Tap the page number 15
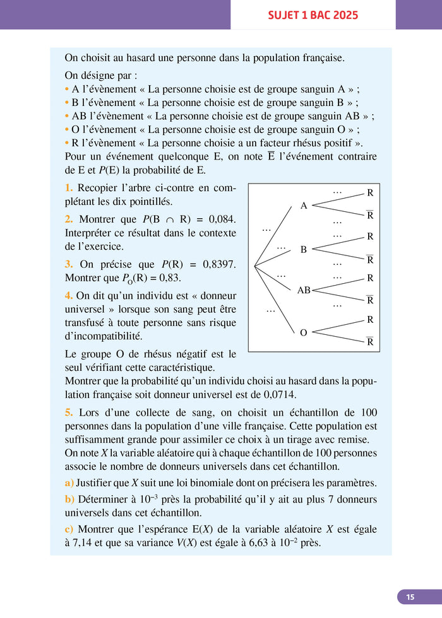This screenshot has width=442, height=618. tap(410, 597)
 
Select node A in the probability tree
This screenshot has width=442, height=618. tap(304, 206)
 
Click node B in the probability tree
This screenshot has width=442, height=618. tap(304, 250)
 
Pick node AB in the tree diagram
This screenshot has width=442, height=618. tap(304, 291)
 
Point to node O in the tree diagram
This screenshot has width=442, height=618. tap(304, 332)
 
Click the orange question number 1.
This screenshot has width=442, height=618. tap(69, 188)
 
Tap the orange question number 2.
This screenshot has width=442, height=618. tap(69, 219)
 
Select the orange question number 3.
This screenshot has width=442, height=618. tap(69, 264)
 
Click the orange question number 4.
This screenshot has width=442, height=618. tap(69, 295)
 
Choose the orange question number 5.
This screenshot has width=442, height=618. tap(69, 412)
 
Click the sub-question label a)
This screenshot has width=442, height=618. tap(69, 483)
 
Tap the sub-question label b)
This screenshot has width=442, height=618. tap(69, 499)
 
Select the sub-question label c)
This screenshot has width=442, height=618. tap(69, 529)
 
